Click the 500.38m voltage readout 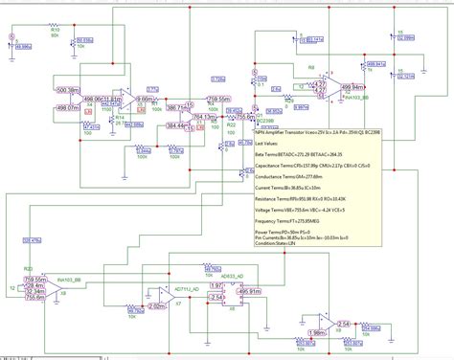tap(69, 90)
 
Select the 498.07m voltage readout tap(68, 108)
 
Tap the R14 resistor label tap(118, 117)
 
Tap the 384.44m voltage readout tap(176, 125)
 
